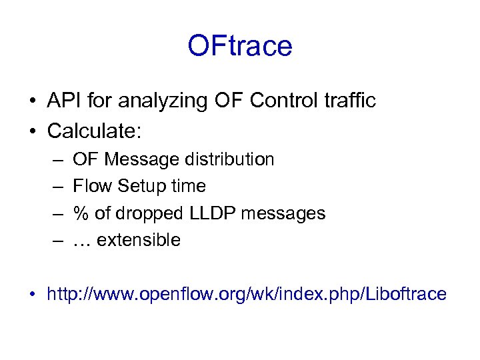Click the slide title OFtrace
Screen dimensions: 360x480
click(239, 46)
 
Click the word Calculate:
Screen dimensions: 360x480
click(94, 131)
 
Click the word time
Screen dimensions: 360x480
click(188, 187)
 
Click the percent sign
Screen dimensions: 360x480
click(81, 213)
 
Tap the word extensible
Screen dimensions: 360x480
click(139, 240)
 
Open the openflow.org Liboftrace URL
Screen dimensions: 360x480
click(246, 294)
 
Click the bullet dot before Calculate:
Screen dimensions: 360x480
click(32, 131)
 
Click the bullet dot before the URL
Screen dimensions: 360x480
click(32, 295)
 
